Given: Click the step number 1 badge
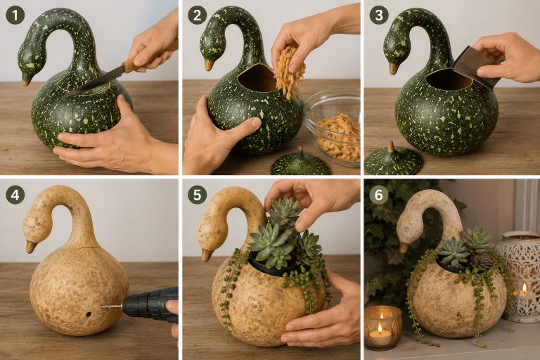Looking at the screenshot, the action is click(15, 15).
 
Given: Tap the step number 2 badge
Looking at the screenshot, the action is click(198, 15).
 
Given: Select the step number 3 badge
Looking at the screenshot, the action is click(379, 15).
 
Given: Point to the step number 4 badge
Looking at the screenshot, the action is click(15, 195).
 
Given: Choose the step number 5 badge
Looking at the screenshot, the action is click(198, 195).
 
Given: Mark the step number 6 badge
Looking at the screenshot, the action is click(379, 195).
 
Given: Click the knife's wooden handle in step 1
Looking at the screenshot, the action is click(150, 55).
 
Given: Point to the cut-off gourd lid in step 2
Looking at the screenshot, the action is click(300, 162).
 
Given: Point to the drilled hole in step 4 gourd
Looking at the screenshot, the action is click(89, 314).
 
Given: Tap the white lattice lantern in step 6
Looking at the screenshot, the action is click(517, 276).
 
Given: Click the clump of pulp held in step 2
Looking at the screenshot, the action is click(290, 70).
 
